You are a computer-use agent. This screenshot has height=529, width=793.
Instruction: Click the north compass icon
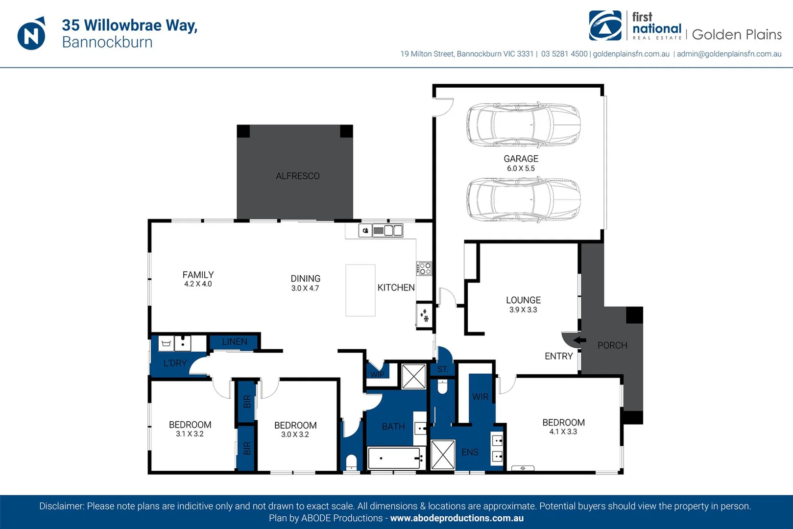[31, 34]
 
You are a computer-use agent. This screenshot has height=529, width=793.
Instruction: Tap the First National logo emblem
[605, 25]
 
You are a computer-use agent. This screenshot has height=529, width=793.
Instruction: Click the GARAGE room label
[521, 159]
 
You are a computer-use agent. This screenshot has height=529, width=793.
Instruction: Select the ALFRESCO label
[298, 176]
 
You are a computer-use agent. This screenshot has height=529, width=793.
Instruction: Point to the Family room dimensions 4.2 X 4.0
[198, 284]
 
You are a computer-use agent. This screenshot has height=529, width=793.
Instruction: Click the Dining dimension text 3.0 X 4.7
[305, 288]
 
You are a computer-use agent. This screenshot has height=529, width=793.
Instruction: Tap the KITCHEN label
[396, 288]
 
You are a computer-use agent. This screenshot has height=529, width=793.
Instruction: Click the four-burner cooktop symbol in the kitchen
[424, 268]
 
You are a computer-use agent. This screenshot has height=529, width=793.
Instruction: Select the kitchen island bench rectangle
[360, 290]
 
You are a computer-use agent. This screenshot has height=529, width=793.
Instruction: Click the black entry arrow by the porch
[579, 340]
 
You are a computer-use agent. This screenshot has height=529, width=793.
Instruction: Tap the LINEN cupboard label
[234, 342]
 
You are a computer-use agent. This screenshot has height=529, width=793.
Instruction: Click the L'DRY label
[175, 363]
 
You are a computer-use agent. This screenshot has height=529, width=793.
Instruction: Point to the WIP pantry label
[377, 374]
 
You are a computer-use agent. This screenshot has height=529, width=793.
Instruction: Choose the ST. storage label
[442, 369]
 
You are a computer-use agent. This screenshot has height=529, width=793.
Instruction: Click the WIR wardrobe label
[481, 397]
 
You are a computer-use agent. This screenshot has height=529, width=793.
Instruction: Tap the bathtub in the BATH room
[396, 458]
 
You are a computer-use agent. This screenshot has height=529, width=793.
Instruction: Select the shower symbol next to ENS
[443, 455]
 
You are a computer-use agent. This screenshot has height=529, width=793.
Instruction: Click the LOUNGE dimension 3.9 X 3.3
[523, 310]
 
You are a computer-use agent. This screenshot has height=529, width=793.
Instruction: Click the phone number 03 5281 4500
[564, 54]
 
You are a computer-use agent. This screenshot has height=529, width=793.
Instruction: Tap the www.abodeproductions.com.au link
[457, 518]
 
